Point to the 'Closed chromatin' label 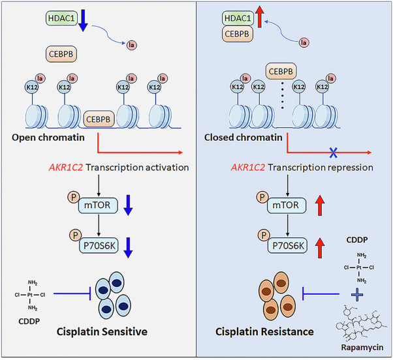click(251, 138)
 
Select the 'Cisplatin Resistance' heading click(265, 332)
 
